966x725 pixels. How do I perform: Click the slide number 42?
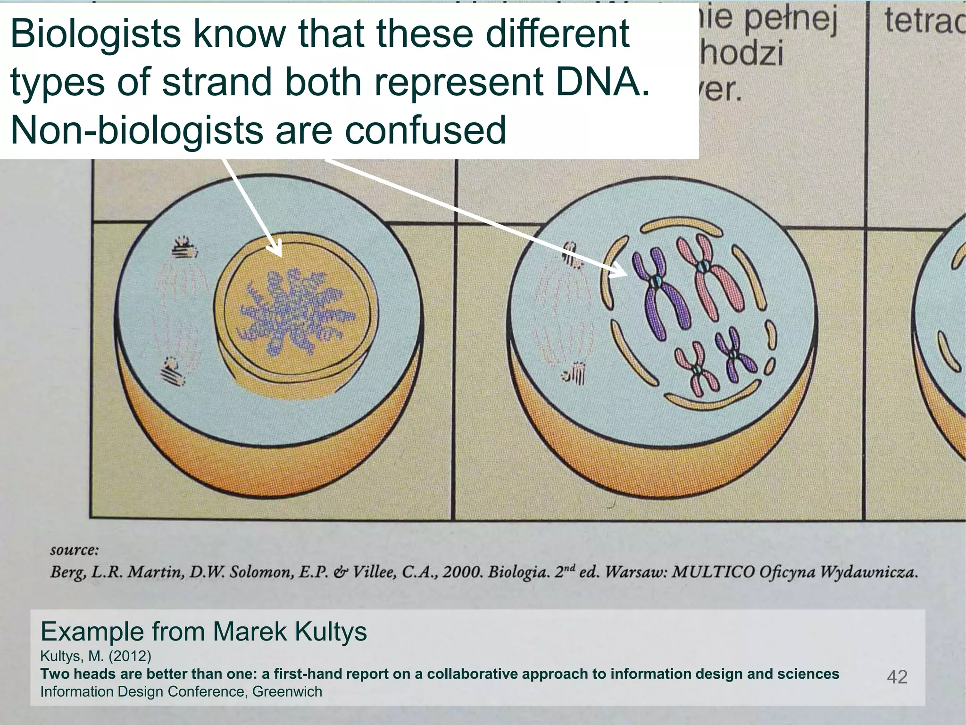point(897,677)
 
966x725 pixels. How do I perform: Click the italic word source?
point(74,550)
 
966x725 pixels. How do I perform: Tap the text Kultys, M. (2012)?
point(95,656)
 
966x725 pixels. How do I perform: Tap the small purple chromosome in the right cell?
point(734,354)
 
